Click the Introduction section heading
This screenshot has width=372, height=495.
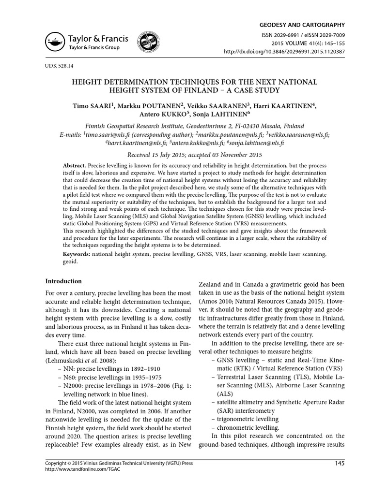click(x=63, y=281)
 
